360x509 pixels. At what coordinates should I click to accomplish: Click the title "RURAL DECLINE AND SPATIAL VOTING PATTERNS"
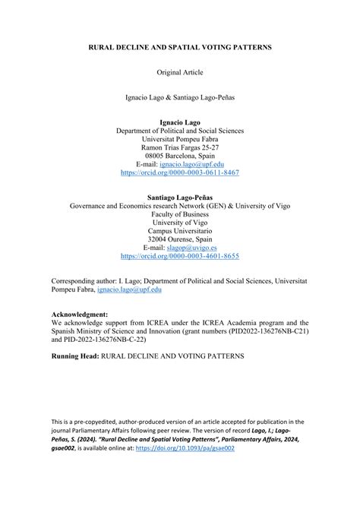[180, 47]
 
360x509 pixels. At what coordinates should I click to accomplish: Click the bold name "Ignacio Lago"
[180, 121]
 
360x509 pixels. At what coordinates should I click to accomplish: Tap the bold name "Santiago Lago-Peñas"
[180, 196]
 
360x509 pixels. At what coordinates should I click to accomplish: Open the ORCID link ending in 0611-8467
[180, 172]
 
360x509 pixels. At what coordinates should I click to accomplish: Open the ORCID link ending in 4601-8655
[180, 257]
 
